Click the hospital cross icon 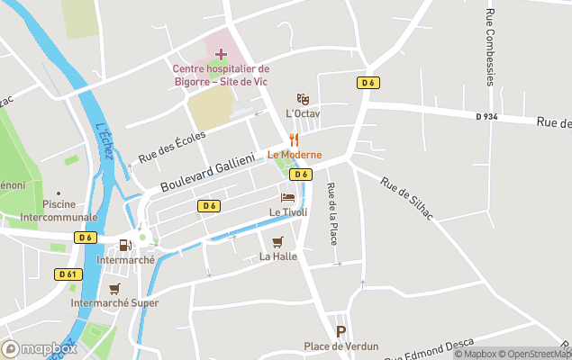pyautogui.click(x=221, y=55)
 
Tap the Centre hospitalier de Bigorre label pyautogui.click(x=221, y=75)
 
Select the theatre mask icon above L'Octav pyautogui.click(x=303, y=99)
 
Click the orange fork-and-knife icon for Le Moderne pyautogui.click(x=294, y=139)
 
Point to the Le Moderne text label pyautogui.click(x=294, y=155)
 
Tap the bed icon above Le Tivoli pyautogui.click(x=287, y=197)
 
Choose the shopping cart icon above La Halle pyautogui.click(x=277, y=241)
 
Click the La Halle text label pyautogui.click(x=277, y=256)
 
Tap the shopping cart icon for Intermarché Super pyautogui.click(x=114, y=288)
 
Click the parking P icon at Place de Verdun pyautogui.click(x=340, y=331)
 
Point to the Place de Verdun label pyautogui.click(x=340, y=346)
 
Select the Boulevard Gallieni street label pyautogui.click(x=209, y=171)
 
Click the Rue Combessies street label pyautogui.click(x=490, y=47)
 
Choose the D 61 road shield pyautogui.click(x=68, y=274)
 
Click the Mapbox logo pyautogui.click(x=40, y=349)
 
